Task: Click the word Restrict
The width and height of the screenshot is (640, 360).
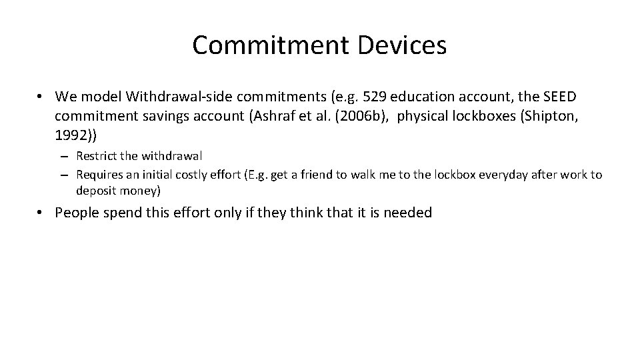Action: [x=97, y=156]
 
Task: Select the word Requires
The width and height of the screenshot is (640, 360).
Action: [x=99, y=175]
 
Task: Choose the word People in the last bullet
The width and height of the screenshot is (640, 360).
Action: [x=77, y=213]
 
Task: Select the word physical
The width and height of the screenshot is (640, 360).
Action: [x=423, y=117]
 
